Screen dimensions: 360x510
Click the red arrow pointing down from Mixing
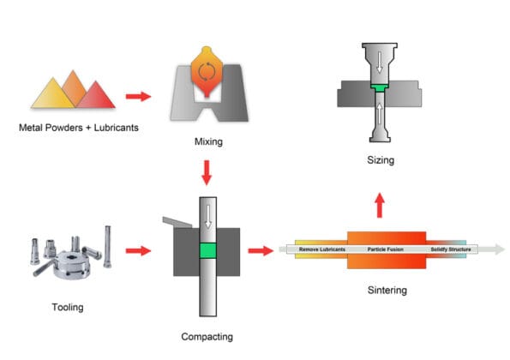click(207, 176)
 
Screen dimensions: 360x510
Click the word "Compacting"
click(207, 337)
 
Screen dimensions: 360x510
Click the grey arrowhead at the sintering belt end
click(498, 250)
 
